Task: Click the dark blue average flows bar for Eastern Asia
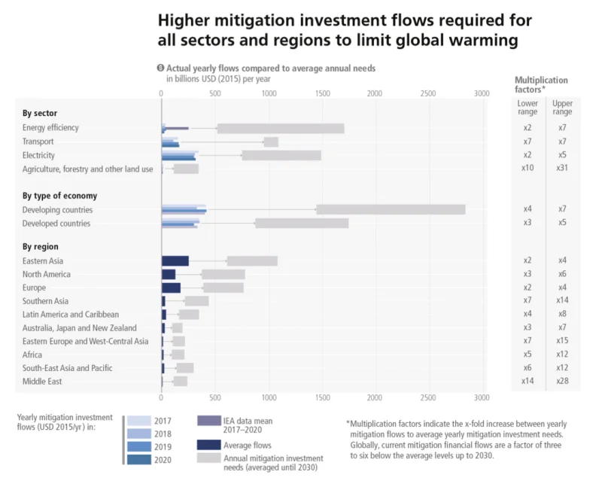175,260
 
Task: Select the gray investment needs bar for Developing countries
391,209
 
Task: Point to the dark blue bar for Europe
171,288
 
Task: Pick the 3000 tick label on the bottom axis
481,397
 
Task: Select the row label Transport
38,142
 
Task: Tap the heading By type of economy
59,196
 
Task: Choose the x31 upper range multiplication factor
562,169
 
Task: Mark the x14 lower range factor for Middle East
528,382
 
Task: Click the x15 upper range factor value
562,341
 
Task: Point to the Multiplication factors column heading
541,84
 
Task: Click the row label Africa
33,355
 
